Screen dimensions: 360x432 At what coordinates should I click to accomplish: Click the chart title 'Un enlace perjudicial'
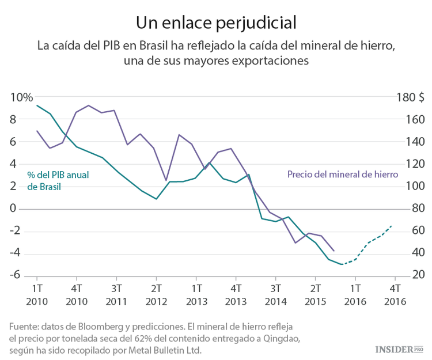coord(215,22)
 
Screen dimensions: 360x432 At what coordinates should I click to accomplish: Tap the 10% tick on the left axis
coord(21,97)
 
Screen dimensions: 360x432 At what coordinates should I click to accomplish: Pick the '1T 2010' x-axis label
coord(37,294)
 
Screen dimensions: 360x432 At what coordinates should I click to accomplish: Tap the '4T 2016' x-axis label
coord(396,294)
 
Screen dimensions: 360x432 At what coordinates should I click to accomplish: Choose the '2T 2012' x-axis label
coord(157,294)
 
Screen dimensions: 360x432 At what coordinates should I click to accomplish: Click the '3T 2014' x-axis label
coord(276,294)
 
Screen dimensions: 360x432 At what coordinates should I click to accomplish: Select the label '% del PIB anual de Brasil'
coord(58,180)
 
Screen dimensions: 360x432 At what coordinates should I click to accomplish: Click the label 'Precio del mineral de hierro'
coord(342,174)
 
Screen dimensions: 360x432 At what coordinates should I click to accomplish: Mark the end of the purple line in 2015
coord(334,251)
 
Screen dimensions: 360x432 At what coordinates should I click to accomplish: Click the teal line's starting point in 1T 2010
coord(37,105)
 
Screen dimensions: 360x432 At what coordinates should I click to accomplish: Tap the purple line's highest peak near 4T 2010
coord(88,105)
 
